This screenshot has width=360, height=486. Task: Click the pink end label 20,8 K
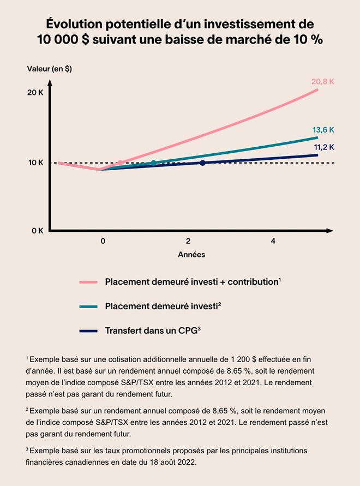323,82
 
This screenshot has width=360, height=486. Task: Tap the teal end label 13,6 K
323,130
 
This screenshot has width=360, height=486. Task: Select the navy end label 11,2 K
323,147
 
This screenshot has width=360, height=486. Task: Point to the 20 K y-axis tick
35,93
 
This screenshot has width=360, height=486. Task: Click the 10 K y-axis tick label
35,163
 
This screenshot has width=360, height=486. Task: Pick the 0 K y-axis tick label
37,231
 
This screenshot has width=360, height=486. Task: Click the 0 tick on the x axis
103,241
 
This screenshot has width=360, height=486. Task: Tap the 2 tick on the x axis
188,241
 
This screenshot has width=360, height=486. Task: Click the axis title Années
191,255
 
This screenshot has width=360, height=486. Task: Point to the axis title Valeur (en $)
49,69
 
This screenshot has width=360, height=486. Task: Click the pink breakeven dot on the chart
121,163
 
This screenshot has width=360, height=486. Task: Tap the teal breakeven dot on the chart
153,163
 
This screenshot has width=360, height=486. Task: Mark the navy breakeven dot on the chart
202,163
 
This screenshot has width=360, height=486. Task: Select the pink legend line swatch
88,282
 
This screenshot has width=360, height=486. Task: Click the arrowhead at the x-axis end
329,231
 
